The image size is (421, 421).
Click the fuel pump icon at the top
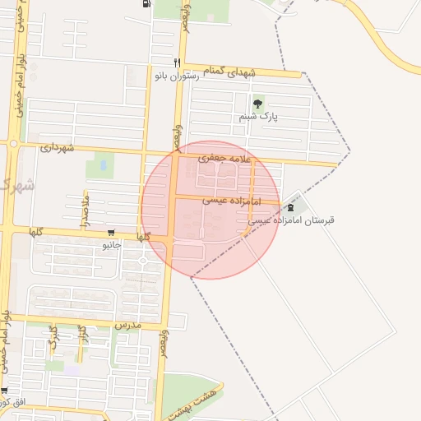pyautogui.click(x=147, y=3)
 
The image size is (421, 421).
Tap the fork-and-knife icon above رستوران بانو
pyautogui.click(x=176, y=63)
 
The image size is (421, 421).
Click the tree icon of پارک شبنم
pyautogui.click(x=259, y=104)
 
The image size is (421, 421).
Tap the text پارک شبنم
pyautogui.click(x=259, y=117)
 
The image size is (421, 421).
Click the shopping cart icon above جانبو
pyautogui.click(x=111, y=233)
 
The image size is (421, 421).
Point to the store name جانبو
pyautogui.click(x=111, y=244)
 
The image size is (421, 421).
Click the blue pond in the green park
pyautogui.click(x=103, y=165)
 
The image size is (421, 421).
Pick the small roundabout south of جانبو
pyautogui.click(x=141, y=261)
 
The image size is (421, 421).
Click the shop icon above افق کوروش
pyautogui.click(x=4, y=391)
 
